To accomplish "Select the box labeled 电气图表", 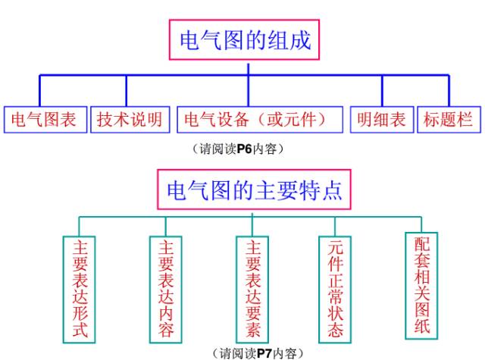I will click(x=44, y=120).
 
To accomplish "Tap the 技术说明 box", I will click(x=129, y=120).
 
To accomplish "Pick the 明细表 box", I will click(x=381, y=120).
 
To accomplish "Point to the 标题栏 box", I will click(x=449, y=120).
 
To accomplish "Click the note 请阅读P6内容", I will click(x=239, y=150).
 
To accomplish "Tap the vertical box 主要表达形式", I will click(x=80, y=288).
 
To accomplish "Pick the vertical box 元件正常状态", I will click(x=336, y=288).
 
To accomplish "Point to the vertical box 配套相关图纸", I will click(x=422, y=284).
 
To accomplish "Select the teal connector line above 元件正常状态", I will click(x=336, y=227).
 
